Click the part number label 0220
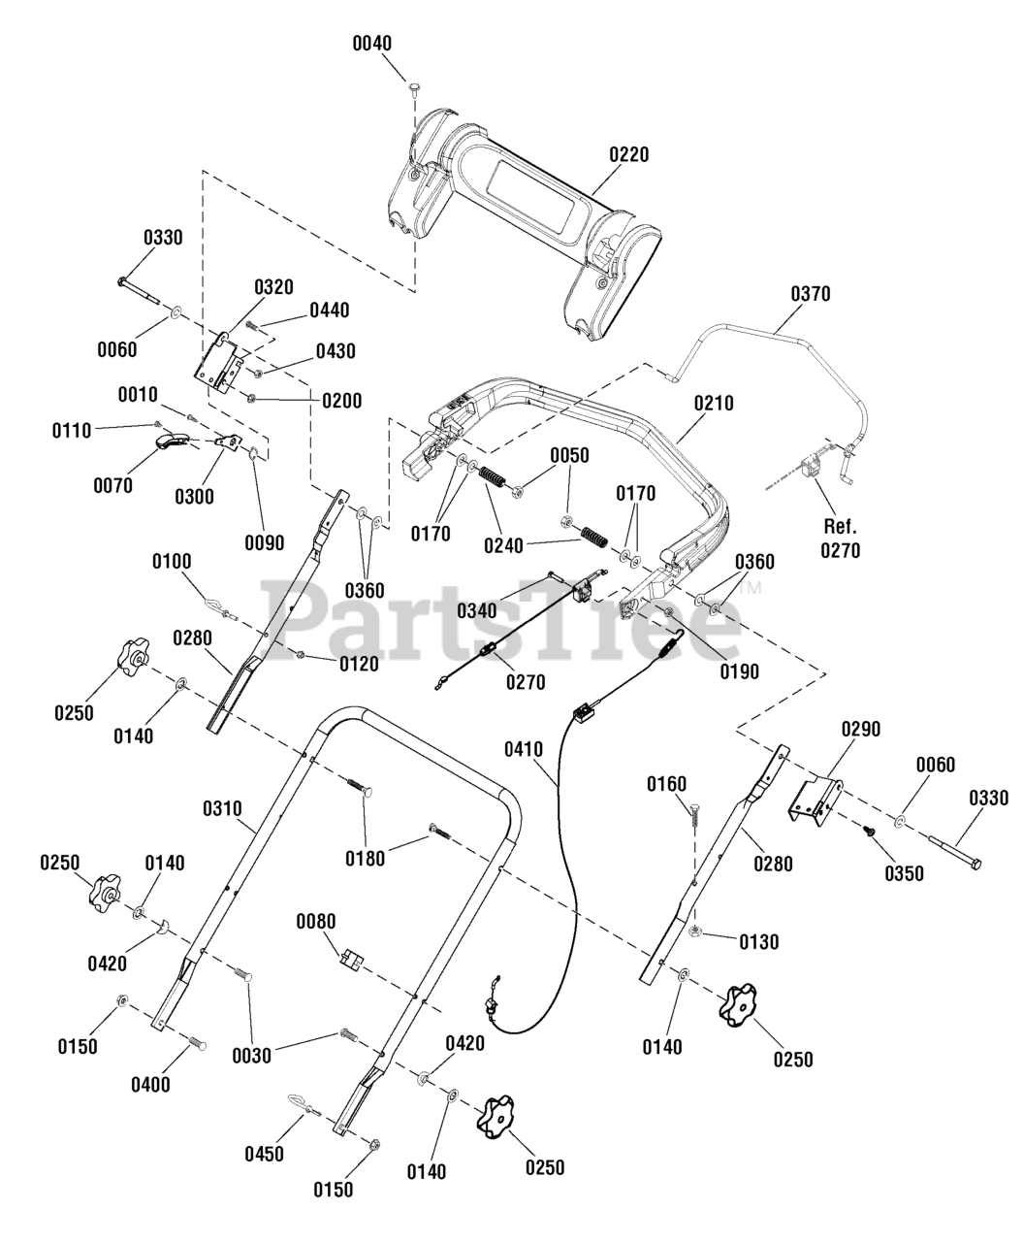pyautogui.click(x=629, y=154)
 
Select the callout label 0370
pyautogui.click(x=811, y=294)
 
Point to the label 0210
pyautogui.click(x=714, y=404)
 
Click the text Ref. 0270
pyautogui.click(x=841, y=539)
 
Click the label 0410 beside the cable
pyautogui.click(x=524, y=749)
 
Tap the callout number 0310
pyautogui.click(x=222, y=809)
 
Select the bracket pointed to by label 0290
pyautogui.click(x=815, y=801)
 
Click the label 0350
pyautogui.click(x=904, y=874)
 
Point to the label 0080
pyautogui.click(x=316, y=922)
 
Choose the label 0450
pyautogui.click(x=265, y=1155)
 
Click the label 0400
pyautogui.click(x=151, y=1085)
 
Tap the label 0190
pyautogui.click(x=740, y=671)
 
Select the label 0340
pyautogui.click(x=477, y=611)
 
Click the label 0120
pyautogui.click(x=359, y=664)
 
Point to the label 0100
pyautogui.click(x=172, y=561)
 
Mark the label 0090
pyautogui.click(x=265, y=542)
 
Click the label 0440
pyautogui.click(x=330, y=310)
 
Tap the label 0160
pyautogui.click(x=666, y=784)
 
